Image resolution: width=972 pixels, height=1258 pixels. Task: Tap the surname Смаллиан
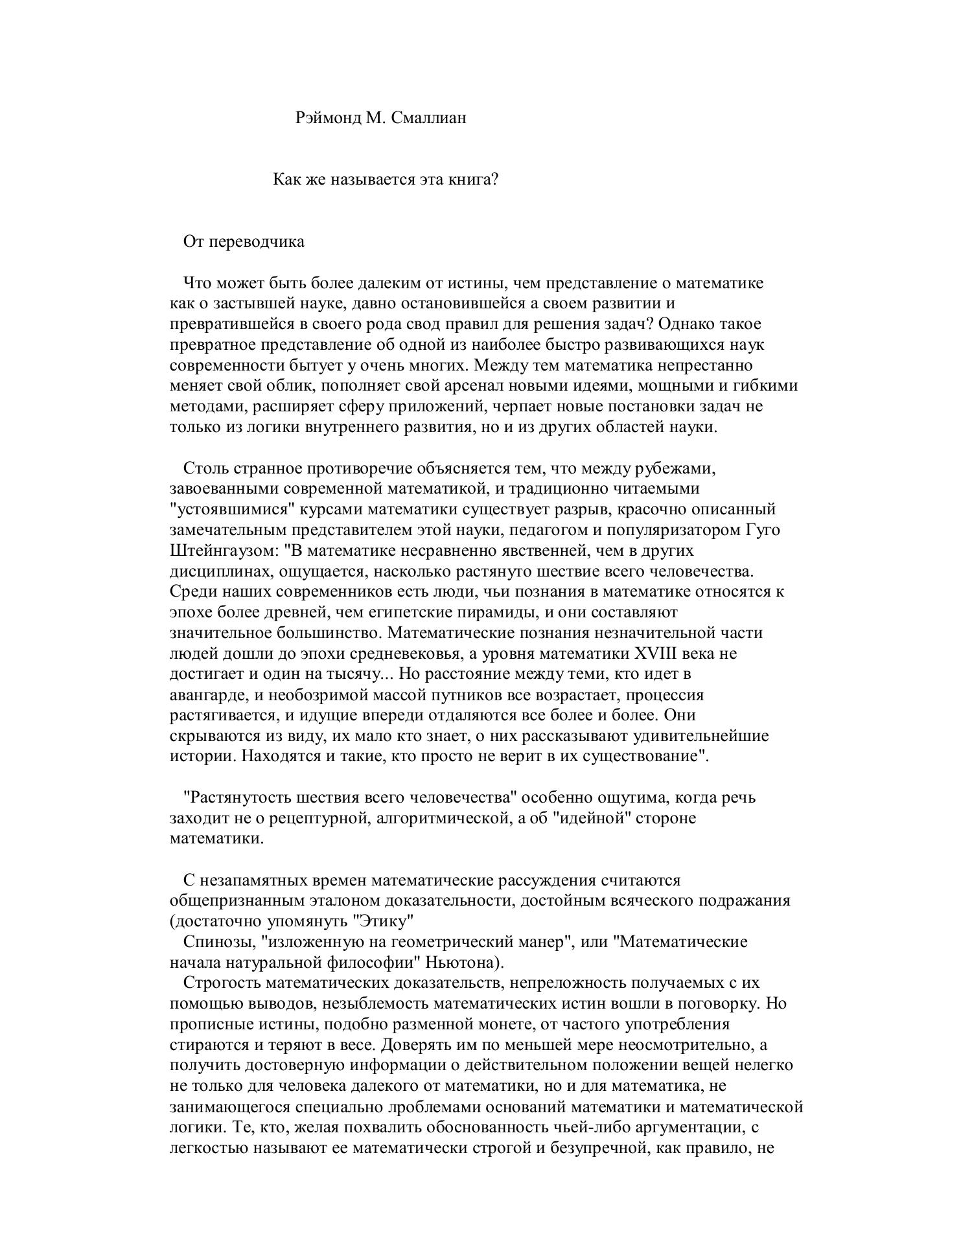tap(429, 118)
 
